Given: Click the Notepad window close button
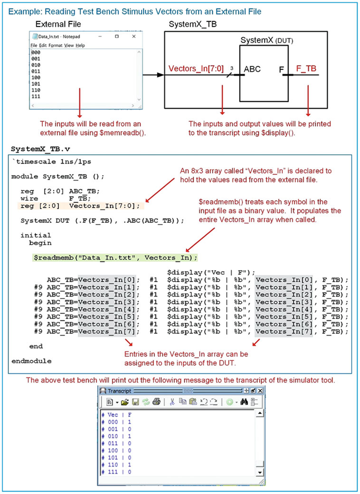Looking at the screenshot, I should pyautogui.click(x=134, y=36).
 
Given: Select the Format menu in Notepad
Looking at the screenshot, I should pyautogui.click(x=55, y=46).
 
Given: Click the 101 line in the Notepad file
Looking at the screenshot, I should pyautogui.click(x=36, y=84).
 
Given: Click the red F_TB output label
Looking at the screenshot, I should pyautogui.click(x=306, y=69).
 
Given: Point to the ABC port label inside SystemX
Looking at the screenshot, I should pyautogui.click(x=252, y=69).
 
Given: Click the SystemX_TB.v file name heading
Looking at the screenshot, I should pyautogui.click(x=40, y=149).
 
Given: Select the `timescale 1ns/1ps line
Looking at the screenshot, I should pyautogui.click(x=51, y=162).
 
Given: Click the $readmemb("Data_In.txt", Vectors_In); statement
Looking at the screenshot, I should pyautogui.click(x=115, y=258).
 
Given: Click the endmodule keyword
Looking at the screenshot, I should pyautogui.click(x=31, y=361).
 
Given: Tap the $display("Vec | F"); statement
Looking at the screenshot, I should pyautogui.click(x=211, y=273).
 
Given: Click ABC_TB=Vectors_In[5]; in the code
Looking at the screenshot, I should pyautogui.click(x=93, y=317).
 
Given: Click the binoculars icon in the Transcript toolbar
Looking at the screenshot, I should pyautogui.click(x=244, y=402).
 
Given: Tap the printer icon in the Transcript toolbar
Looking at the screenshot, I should pyautogui.click(x=156, y=402).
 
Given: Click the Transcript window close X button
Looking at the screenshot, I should pyautogui.click(x=260, y=391).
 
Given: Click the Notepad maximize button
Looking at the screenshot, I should pyautogui.click(x=117, y=36).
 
